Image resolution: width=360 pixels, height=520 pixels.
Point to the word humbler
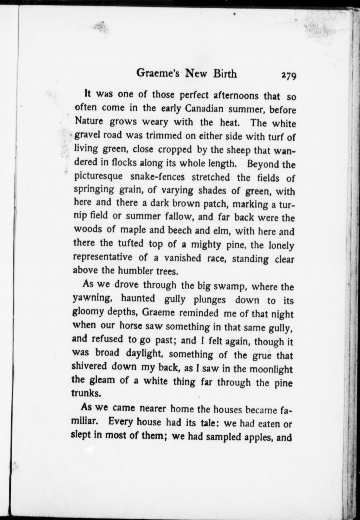pos(134,271)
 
